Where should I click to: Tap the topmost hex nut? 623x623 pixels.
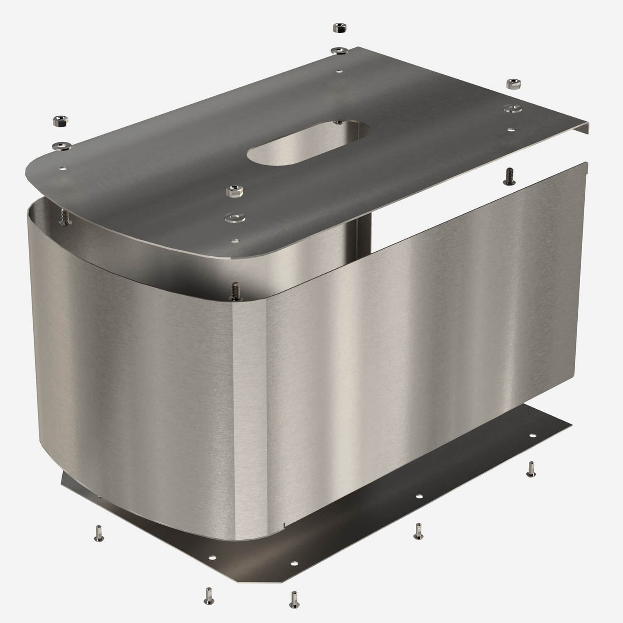(338, 28)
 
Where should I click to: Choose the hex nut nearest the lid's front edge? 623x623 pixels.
(232, 192)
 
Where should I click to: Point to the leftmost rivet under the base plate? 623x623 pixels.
(99, 533)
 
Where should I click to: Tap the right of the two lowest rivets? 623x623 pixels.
(294, 598)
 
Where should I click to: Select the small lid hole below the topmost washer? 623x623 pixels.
(340, 71)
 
